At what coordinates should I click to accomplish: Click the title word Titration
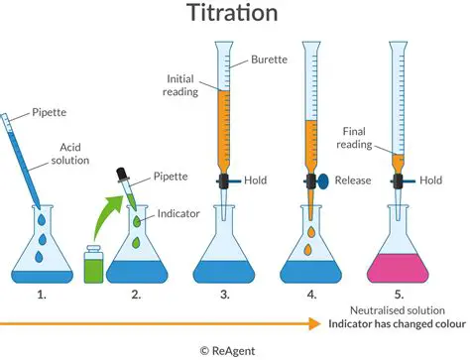point(234,15)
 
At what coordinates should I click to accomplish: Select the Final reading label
point(359,135)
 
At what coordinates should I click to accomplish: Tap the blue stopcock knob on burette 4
point(321,182)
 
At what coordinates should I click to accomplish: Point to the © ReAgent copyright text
point(235,349)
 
